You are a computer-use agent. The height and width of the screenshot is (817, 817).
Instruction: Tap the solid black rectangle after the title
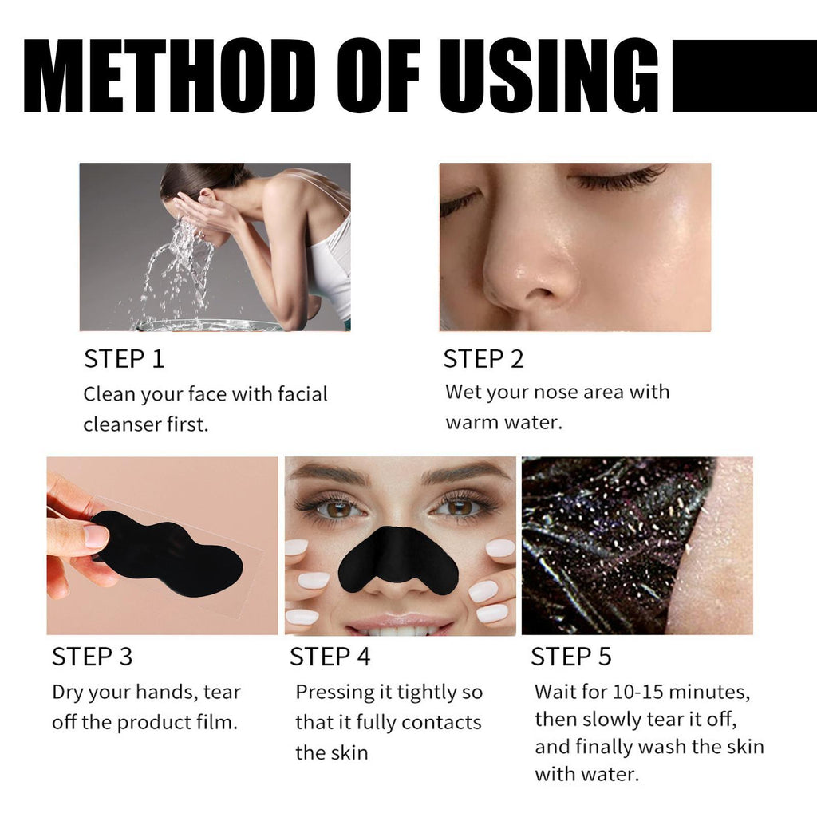744,76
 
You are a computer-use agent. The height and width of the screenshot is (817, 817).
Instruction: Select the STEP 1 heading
124,359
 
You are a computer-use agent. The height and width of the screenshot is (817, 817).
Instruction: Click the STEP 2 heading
483,359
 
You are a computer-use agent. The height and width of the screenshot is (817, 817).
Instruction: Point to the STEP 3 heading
93,657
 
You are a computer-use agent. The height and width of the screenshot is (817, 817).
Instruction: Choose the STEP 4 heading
330,657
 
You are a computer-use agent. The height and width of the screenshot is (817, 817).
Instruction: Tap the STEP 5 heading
571,657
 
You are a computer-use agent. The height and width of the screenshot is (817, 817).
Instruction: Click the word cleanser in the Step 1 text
123,424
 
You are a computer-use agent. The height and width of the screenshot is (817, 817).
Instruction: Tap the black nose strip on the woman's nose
398,554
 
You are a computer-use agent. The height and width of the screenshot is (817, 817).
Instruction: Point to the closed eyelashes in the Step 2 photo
618,180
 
